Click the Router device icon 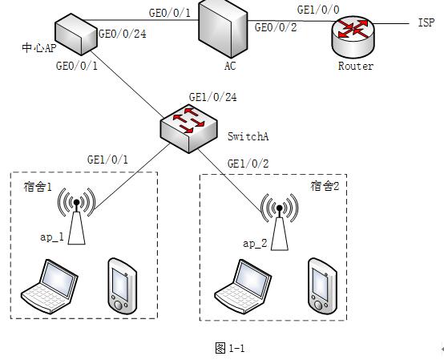click(353, 38)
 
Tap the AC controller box click(223, 29)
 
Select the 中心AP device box click(76, 34)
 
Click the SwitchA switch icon click(189, 128)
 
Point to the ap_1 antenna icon click(76, 216)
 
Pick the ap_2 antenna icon click(279, 222)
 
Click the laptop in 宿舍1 click(50, 286)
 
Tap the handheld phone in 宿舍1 click(123, 285)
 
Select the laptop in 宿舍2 click(243, 286)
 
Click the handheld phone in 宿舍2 click(322, 286)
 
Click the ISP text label click(426, 22)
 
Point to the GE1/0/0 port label click(318, 10)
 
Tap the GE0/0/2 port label click(276, 27)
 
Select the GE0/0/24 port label click(123, 34)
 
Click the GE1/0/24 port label click(212, 98)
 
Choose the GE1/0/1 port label click(107, 160)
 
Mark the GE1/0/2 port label click(248, 164)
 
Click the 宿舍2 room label click(325, 186)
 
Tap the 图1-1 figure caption click(230, 348)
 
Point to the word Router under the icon click(356, 66)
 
